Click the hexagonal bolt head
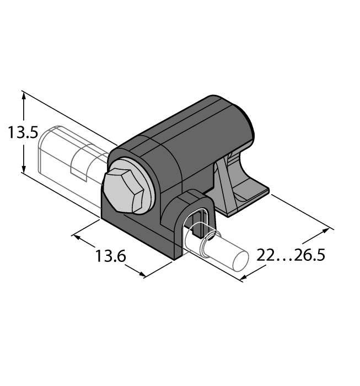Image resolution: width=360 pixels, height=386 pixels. (x=124, y=190)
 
